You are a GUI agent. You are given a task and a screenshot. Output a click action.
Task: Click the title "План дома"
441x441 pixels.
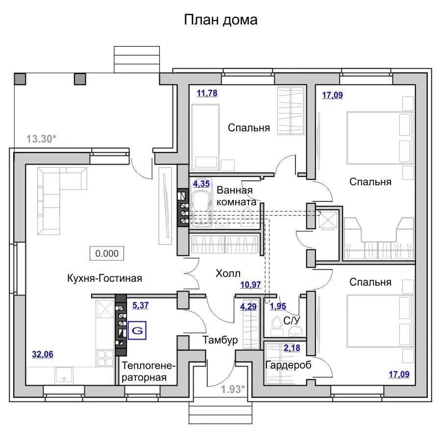[x=220, y=20]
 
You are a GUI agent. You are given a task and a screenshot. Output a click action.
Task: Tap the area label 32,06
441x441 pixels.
[x=43, y=354]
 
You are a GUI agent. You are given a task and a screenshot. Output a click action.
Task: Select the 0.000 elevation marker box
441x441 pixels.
[x=107, y=253]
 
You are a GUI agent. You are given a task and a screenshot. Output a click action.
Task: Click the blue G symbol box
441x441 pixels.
[x=137, y=330]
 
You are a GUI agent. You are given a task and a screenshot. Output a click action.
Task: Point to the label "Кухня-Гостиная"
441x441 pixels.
[x=105, y=278]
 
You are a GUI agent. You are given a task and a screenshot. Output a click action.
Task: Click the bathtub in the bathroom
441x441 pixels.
[x=201, y=202]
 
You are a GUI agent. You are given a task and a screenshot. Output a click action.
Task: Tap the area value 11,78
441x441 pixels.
[x=207, y=93]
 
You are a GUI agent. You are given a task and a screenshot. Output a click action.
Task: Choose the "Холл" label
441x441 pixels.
[x=228, y=273]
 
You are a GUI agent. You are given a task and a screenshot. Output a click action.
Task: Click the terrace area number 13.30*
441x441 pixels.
[x=41, y=139]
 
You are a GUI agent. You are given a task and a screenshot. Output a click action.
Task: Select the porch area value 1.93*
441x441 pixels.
[x=233, y=389]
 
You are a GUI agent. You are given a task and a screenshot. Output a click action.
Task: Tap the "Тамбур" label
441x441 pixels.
[x=220, y=340]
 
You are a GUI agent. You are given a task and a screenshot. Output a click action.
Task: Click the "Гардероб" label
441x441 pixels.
[x=288, y=365]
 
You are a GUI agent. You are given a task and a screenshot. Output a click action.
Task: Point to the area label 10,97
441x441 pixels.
[x=250, y=285]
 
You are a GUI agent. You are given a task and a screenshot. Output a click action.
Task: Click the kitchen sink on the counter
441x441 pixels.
[x=64, y=375]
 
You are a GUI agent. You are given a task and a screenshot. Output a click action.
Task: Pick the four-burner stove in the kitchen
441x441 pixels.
[x=105, y=358]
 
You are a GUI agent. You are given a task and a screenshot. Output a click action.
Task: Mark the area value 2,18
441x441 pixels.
[x=292, y=348]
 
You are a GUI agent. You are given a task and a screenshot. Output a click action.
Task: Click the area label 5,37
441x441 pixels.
[x=140, y=305]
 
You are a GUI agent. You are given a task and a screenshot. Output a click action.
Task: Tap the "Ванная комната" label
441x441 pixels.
[x=236, y=196]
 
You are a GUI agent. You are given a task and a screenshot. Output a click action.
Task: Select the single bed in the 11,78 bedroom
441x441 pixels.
[x=205, y=137]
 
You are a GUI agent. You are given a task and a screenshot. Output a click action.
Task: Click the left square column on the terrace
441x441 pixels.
[x=20, y=79]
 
